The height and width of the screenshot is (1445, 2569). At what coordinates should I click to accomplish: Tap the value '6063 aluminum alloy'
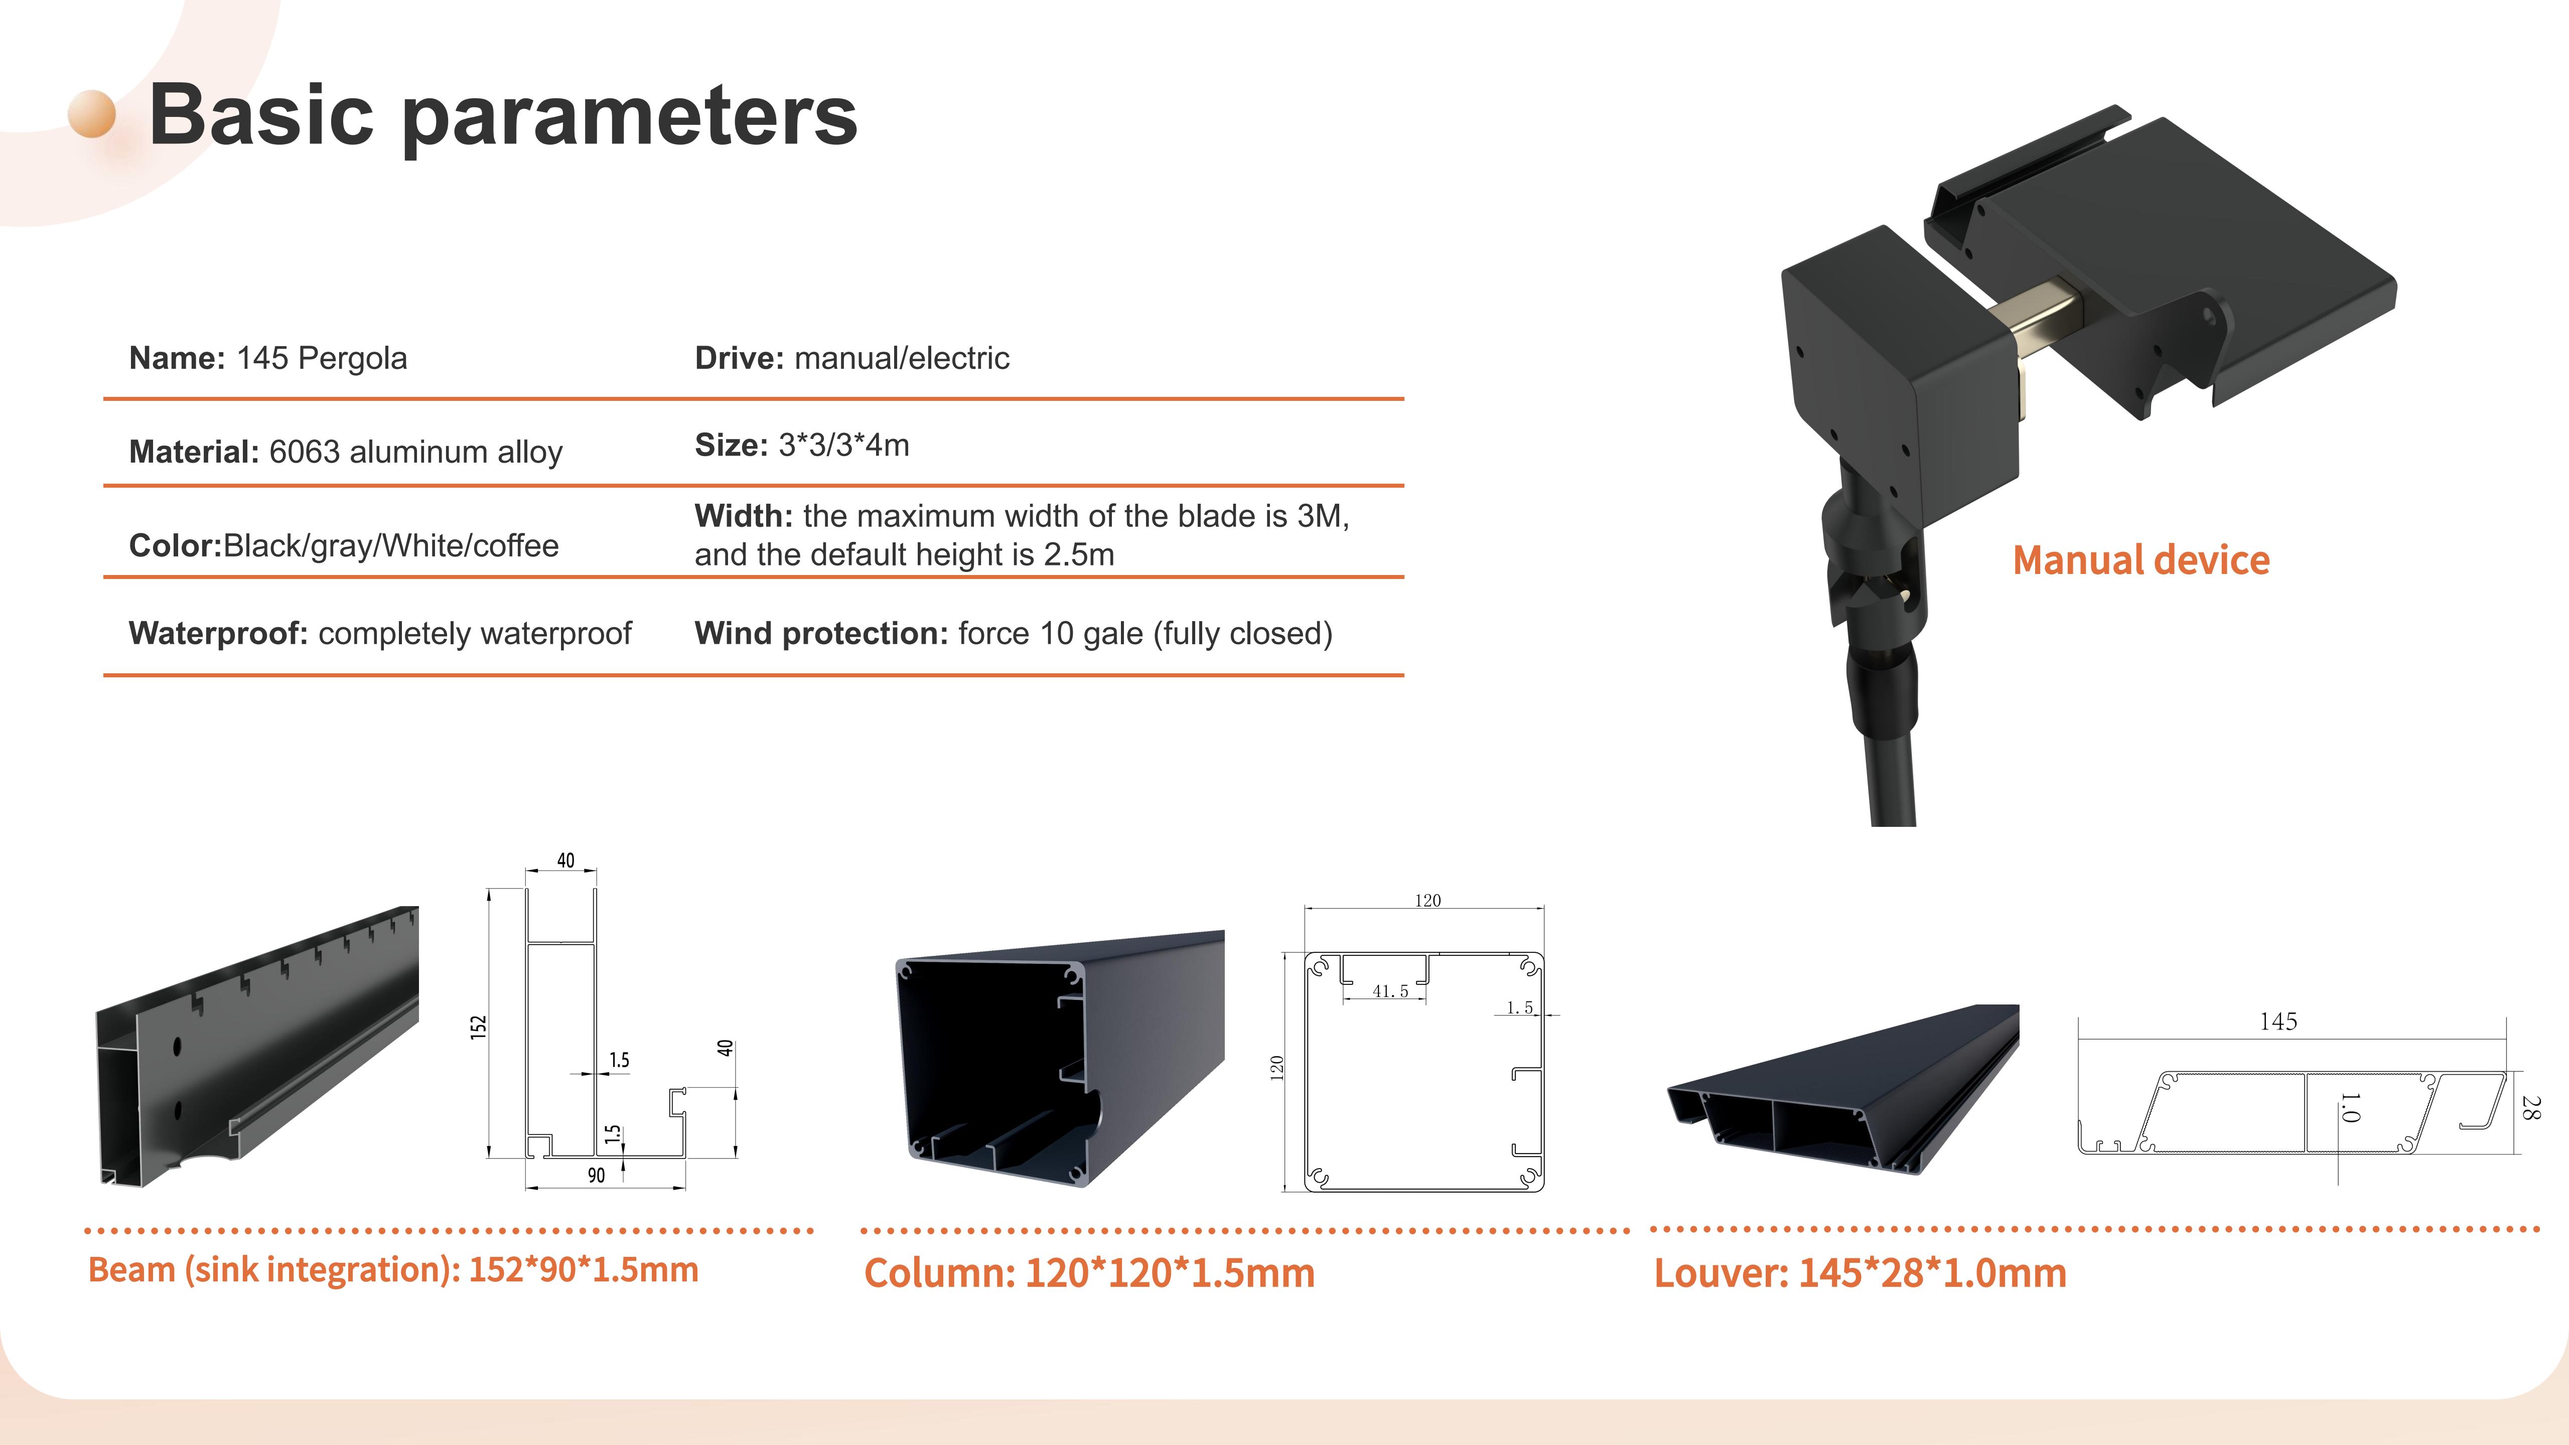416,452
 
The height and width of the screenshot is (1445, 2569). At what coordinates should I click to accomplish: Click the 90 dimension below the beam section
597,1176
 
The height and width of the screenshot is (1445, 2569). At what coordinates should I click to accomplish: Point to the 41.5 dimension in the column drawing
1390,991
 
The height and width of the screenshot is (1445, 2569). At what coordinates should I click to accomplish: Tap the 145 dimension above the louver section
2279,1021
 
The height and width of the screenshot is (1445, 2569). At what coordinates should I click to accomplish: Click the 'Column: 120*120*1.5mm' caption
1089,1273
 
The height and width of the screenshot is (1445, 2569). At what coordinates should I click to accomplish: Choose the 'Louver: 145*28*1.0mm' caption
1860,1273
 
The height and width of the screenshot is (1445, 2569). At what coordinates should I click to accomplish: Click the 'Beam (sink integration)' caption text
271,1269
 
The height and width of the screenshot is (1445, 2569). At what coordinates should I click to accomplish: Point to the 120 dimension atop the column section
1428,901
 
